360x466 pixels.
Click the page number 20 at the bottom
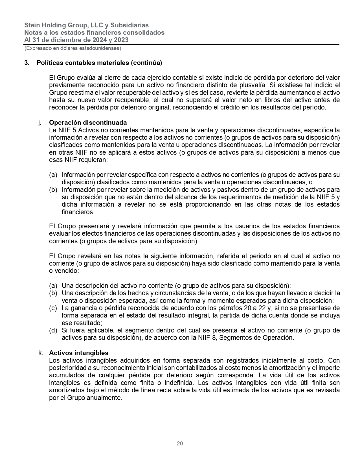180,443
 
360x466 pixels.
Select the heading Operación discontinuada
88,122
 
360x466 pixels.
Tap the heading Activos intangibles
79,353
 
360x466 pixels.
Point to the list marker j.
39,122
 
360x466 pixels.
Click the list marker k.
40,353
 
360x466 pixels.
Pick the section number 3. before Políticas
27,63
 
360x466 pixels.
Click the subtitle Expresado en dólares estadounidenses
73,48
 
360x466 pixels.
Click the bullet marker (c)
53,308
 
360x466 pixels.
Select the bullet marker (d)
53,330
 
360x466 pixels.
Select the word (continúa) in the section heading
146,63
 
